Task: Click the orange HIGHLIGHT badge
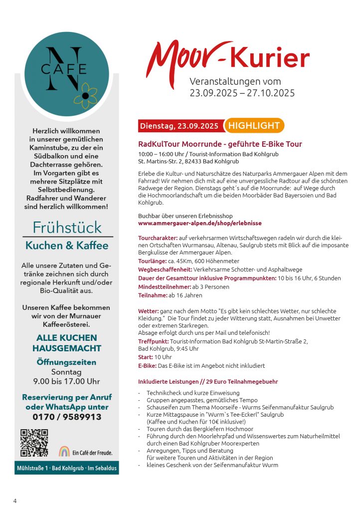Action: pyautogui.click(x=254, y=126)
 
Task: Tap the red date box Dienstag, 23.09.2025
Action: pyautogui.click(x=180, y=126)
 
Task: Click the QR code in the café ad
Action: pyautogui.click(x=34, y=443)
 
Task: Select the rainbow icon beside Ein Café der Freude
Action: pyautogui.click(x=64, y=451)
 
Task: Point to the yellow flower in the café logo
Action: pyautogui.click(x=85, y=95)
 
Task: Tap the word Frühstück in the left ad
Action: pyautogui.click(x=67, y=228)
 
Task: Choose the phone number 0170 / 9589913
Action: pyautogui.click(x=67, y=417)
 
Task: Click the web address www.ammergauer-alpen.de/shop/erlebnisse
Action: pyautogui.click(x=199, y=223)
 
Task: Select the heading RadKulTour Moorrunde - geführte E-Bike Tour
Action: pyautogui.click(x=220, y=144)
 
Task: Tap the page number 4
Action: pyautogui.click(x=15, y=501)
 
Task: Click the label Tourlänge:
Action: pyautogui.click(x=152, y=261)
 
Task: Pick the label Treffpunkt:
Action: pyautogui.click(x=153, y=341)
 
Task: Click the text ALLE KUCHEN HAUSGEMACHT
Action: pyautogui.click(x=67, y=343)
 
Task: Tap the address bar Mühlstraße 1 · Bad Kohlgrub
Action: pyautogui.click(x=67, y=468)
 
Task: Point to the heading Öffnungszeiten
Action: pyautogui.click(x=67, y=362)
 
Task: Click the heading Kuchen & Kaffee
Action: pyautogui.click(x=67, y=246)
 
